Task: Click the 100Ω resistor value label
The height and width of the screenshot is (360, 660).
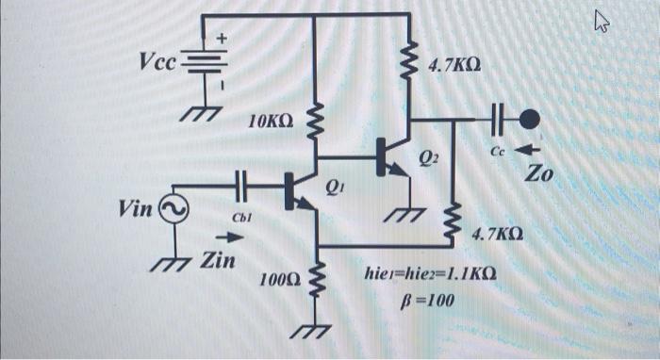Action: tap(280, 280)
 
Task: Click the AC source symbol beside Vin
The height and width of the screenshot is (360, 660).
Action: tap(175, 208)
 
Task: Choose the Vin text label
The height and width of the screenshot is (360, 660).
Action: tap(139, 207)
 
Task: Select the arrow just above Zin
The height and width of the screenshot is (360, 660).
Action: tap(233, 238)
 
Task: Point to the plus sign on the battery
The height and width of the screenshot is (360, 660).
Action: tap(223, 40)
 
